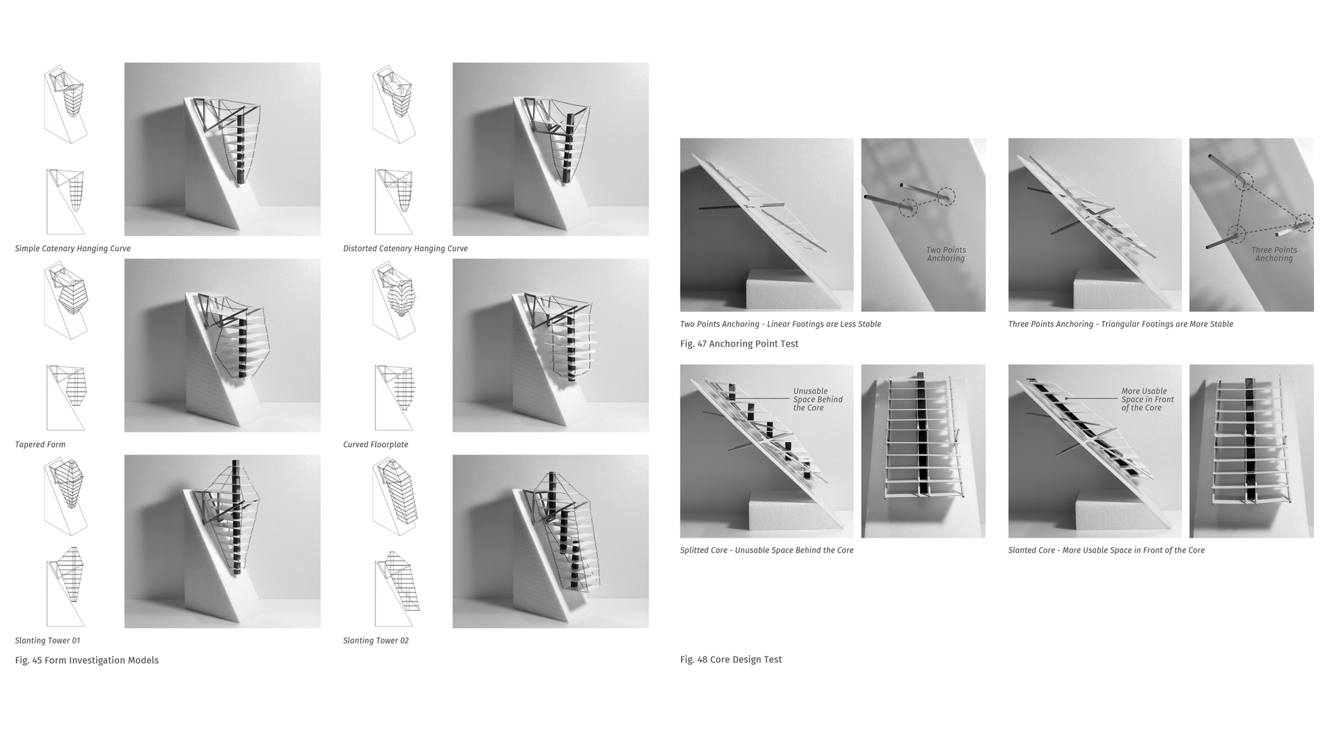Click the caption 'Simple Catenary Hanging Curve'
tap(72, 249)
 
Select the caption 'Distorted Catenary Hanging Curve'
tap(405, 249)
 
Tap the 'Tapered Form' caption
tap(40, 445)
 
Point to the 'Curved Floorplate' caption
tap(375, 445)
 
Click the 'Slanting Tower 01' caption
tap(47, 641)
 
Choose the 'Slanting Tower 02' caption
tap(375, 641)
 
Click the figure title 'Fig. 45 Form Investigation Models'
tap(86, 660)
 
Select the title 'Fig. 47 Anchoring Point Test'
tap(739, 344)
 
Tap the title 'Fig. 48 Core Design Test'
tap(730, 659)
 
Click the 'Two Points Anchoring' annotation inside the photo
tap(946, 254)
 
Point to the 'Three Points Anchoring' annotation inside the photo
tap(1274, 254)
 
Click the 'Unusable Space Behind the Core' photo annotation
tap(818, 400)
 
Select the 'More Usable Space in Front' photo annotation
tap(1147, 400)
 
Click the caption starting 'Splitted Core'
tap(766, 550)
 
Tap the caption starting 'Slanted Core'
tap(1106, 550)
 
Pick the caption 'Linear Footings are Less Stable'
tap(824, 324)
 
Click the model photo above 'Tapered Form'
tap(222, 345)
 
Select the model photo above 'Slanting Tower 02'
tap(550, 541)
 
